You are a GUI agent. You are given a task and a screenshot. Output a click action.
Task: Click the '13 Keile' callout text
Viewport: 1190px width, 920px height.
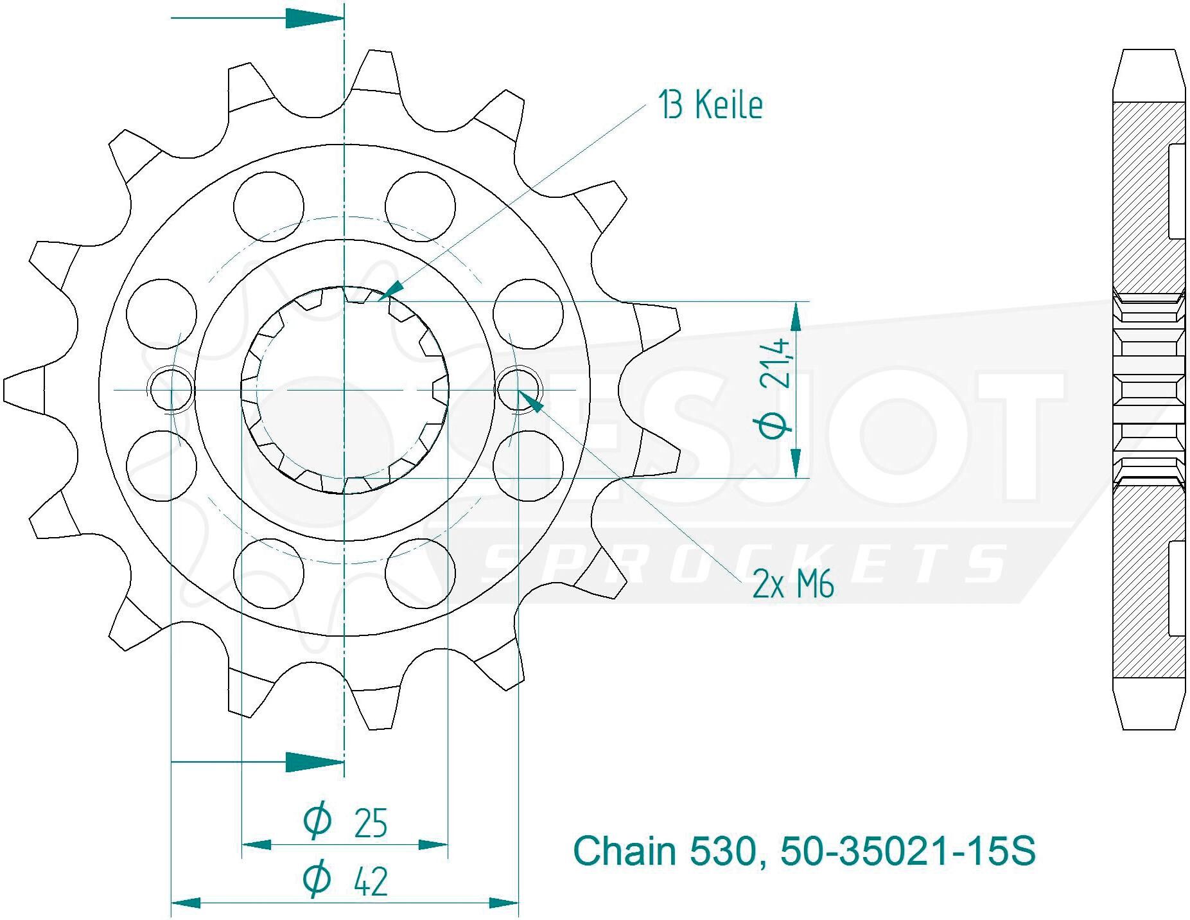click(x=711, y=105)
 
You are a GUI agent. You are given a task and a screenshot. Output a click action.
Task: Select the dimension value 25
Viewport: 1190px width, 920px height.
click(x=371, y=824)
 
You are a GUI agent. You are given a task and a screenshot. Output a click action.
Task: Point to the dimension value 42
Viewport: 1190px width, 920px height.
click(x=371, y=882)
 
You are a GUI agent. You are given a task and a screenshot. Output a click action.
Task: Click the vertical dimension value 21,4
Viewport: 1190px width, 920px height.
click(x=775, y=364)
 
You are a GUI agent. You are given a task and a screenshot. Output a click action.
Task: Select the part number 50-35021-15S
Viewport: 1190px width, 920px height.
click(x=907, y=852)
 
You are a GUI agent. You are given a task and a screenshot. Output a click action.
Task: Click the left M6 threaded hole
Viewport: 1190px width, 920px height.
click(x=171, y=389)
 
